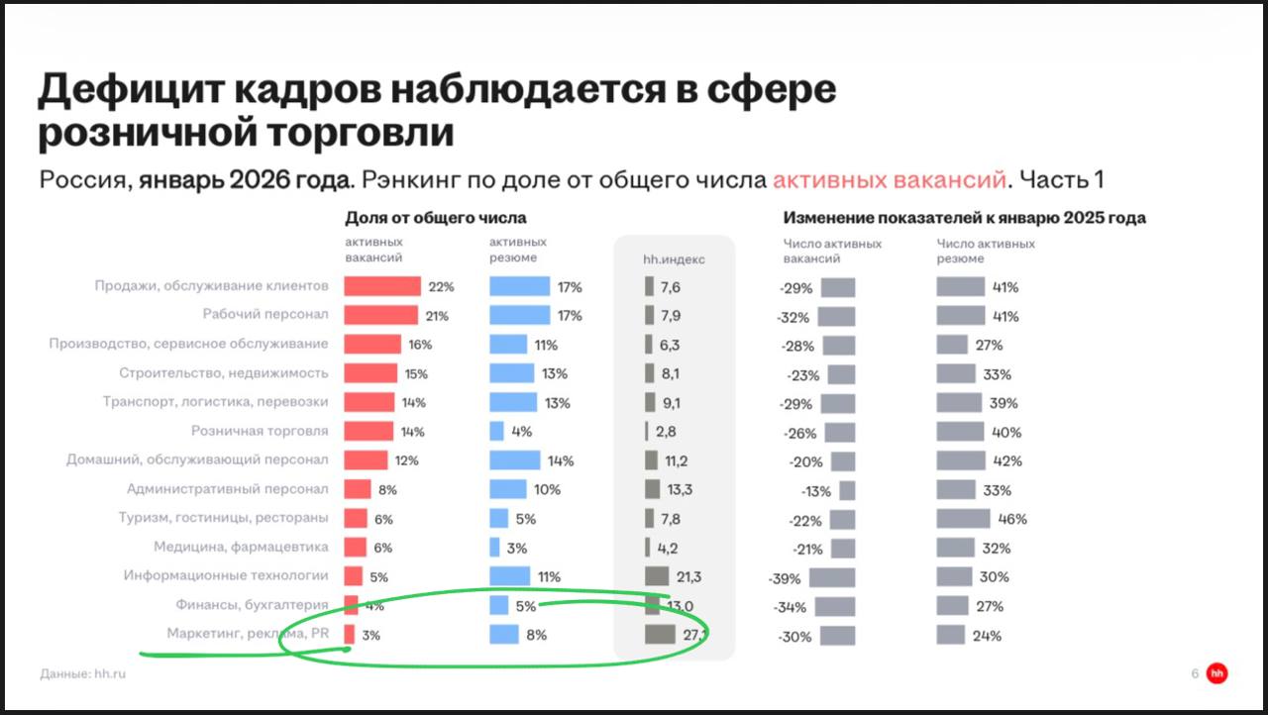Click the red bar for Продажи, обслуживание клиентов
(x=382, y=287)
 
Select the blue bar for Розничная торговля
(x=496, y=432)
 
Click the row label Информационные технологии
(x=226, y=575)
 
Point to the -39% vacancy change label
(x=785, y=578)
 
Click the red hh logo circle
(x=1216, y=673)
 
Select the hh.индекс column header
(x=674, y=259)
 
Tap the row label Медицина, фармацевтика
(x=241, y=547)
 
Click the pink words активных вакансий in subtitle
(x=889, y=180)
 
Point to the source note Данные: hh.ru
(x=83, y=674)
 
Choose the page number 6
(x=1195, y=674)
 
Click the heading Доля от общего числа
(x=435, y=218)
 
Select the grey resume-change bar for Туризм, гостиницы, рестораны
(x=963, y=519)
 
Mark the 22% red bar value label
(x=441, y=287)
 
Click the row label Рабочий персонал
(x=265, y=315)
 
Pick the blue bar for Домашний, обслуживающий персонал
(x=515, y=460)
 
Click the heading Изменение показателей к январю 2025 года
(x=964, y=218)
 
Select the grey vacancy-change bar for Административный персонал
(x=847, y=490)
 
